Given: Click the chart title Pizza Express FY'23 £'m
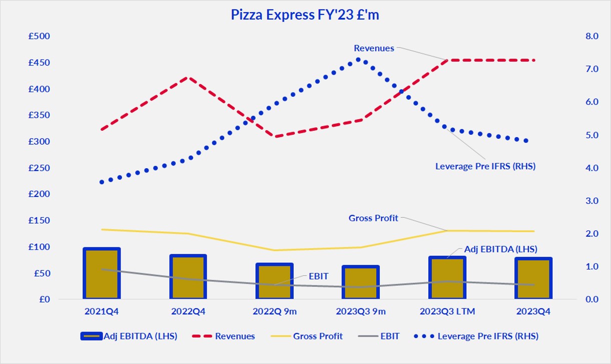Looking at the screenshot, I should click(x=305, y=15).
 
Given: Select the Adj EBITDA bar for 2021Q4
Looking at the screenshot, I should click(x=102, y=273).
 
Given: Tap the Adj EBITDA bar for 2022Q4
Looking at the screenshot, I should click(x=188, y=277).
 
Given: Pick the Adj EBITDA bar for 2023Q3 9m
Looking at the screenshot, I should click(x=360, y=282).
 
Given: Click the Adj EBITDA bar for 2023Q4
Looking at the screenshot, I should click(x=533, y=278).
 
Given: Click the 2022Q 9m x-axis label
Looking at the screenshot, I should click(x=274, y=311).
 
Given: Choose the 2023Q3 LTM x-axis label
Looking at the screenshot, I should click(x=446, y=311).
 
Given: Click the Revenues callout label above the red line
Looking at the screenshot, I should click(x=374, y=49).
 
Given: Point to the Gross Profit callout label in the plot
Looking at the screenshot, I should click(x=373, y=218).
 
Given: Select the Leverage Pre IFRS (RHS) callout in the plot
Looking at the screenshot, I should click(x=485, y=166).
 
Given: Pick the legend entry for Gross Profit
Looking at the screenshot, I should click(x=318, y=336).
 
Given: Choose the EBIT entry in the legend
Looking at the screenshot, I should click(x=390, y=336).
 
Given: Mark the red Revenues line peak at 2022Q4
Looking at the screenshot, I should click(x=188, y=78).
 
